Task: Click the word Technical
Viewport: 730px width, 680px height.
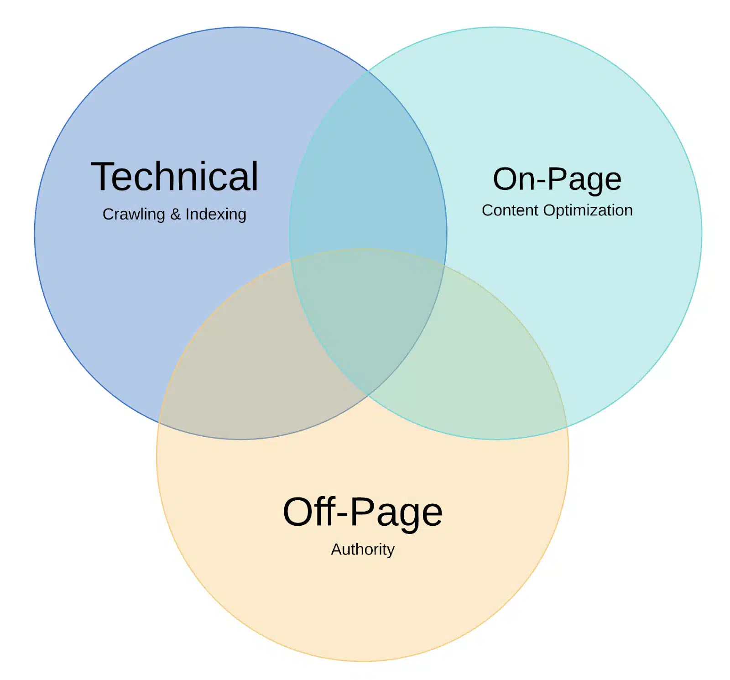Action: point(175,177)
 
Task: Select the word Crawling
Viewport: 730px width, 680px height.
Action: point(133,214)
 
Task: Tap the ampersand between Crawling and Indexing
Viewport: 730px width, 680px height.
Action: point(175,214)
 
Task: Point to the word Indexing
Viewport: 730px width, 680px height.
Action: point(216,214)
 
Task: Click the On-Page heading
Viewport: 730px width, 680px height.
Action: point(557,179)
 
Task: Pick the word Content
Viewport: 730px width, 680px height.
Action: point(510,210)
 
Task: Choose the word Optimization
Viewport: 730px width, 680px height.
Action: point(588,210)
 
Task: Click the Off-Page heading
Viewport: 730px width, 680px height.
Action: point(363,512)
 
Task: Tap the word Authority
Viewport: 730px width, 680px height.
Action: point(363,549)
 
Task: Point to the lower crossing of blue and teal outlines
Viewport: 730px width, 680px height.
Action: point(368,395)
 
